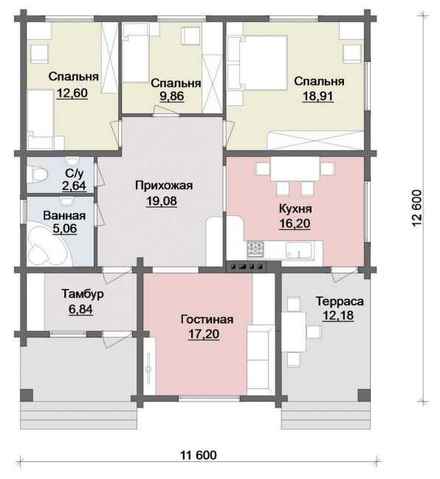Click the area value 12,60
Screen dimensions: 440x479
[x=72, y=93]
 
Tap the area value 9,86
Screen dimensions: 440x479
[x=172, y=96]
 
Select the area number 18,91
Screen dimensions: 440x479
[x=317, y=96]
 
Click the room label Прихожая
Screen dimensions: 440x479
[x=164, y=186]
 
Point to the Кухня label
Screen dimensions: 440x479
[x=295, y=209]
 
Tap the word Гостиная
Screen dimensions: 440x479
[x=207, y=320]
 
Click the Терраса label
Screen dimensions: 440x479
[x=340, y=301]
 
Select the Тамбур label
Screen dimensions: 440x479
[x=83, y=294]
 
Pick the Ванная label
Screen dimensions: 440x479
[x=64, y=216]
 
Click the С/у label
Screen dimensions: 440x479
[x=75, y=173]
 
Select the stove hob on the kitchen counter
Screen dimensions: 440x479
[x=255, y=248]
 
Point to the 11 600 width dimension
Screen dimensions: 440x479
[x=199, y=455]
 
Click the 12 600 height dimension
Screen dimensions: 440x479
[x=417, y=208]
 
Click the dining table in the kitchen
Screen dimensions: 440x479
[x=295, y=169]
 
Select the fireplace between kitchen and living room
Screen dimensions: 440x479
[x=246, y=266]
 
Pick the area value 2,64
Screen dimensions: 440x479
[x=74, y=186]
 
